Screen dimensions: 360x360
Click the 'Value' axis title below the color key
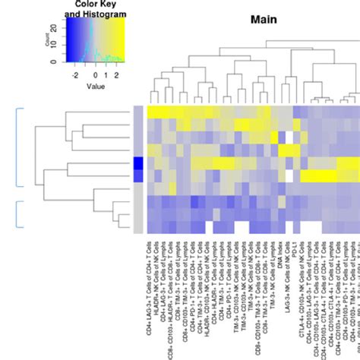pyautogui.click(x=96, y=87)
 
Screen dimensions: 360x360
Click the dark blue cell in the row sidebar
pyautogui.click(x=137, y=166)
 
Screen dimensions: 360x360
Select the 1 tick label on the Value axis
pyautogui.click(x=107, y=77)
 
